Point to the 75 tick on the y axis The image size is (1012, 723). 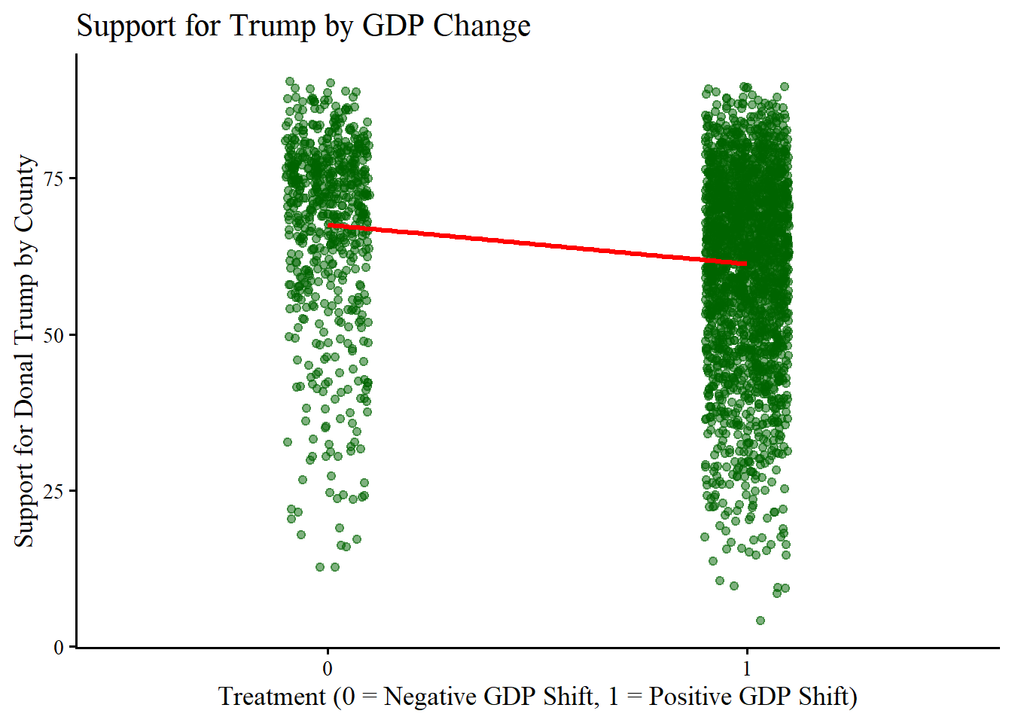tap(54, 178)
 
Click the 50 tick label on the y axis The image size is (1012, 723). tap(54, 335)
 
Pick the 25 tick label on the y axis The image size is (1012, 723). tap(54, 492)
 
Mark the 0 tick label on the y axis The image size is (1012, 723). tap(59, 648)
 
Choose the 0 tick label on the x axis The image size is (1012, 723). tap(328, 668)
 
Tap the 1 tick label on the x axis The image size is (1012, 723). tap(747, 668)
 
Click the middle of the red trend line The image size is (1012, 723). tap(538, 245)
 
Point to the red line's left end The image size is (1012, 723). tap(329, 224)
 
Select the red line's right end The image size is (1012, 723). tap(746, 264)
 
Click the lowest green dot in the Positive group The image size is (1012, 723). tap(760, 621)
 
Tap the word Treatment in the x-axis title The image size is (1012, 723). tap(273, 697)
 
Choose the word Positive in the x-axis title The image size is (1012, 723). tap(694, 697)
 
